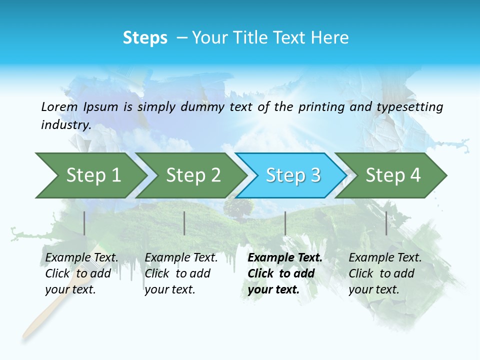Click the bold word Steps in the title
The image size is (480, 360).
[145, 38]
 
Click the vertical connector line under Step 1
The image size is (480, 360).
[84, 223]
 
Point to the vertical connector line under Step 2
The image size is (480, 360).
[184, 223]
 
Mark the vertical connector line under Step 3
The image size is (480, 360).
[285, 223]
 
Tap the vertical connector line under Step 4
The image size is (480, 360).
[386, 223]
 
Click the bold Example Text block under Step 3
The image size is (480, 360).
[284, 273]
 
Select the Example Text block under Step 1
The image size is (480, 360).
[81, 273]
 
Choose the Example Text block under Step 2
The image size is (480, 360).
[181, 273]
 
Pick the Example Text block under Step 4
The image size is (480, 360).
[385, 273]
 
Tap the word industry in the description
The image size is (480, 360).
[65, 125]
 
